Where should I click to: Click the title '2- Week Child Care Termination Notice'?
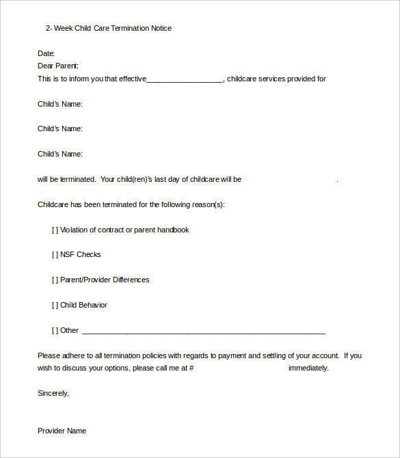[109, 28]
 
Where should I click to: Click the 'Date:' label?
[46, 53]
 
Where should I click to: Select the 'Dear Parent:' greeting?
[58, 66]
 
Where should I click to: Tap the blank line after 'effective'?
[185, 79]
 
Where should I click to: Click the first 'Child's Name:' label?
[60, 104]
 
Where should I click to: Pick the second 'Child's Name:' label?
[60, 129]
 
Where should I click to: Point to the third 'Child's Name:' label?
[60, 154]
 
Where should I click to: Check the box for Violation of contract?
[55, 230]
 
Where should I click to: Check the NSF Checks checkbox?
[55, 254]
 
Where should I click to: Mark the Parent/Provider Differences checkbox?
[55, 280]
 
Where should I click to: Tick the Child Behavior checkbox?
[55, 305]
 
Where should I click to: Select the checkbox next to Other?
[55, 330]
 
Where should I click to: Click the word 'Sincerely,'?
[53, 393]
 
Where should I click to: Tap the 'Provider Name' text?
[62, 431]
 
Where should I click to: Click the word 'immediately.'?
[308, 368]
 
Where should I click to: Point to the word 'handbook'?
[173, 230]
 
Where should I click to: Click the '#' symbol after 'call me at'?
[191, 368]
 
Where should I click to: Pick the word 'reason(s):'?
[206, 204]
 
